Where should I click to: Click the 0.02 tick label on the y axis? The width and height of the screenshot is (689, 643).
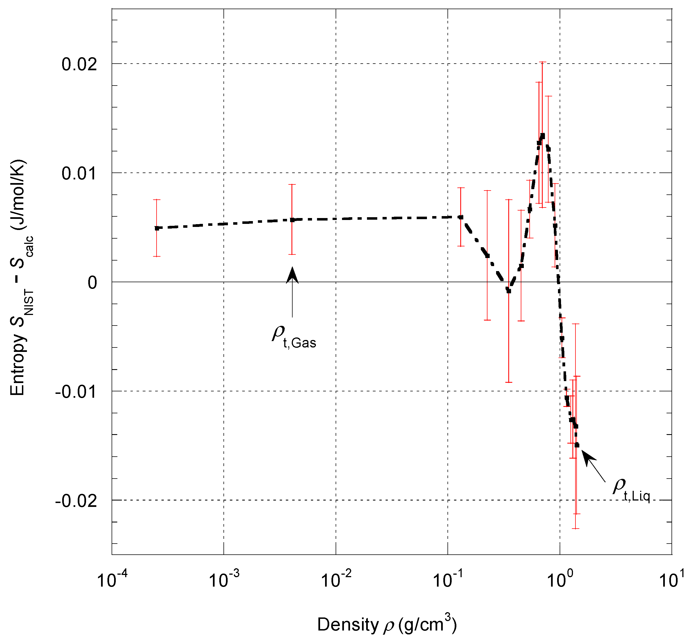click(x=79, y=64)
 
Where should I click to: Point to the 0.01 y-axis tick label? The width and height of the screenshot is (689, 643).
click(x=79, y=173)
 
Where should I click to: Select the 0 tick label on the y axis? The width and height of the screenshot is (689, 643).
click(x=92, y=283)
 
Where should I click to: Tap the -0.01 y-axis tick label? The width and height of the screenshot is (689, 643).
click(x=76, y=392)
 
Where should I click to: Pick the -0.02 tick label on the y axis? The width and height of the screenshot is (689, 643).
click(x=76, y=501)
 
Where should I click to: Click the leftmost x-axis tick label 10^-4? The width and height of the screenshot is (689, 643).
click(x=112, y=580)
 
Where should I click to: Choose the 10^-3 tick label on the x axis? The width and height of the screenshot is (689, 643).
click(x=223, y=580)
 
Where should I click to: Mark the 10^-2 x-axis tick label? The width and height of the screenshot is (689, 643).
click(x=336, y=580)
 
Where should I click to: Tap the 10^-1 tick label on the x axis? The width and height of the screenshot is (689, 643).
click(x=448, y=580)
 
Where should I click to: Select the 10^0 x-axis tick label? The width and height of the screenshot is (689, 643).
click(x=560, y=580)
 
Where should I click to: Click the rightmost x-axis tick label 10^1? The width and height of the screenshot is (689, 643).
click(x=672, y=580)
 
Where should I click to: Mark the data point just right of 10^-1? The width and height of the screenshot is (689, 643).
click(x=461, y=217)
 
